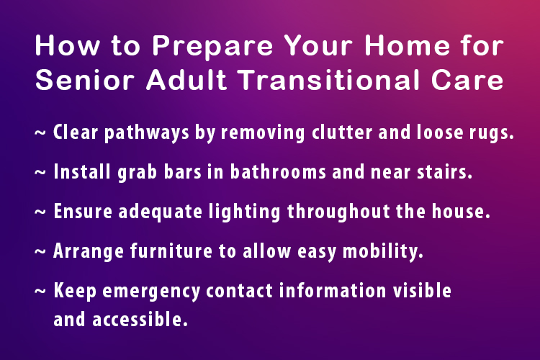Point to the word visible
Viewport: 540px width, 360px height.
coord(423,291)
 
